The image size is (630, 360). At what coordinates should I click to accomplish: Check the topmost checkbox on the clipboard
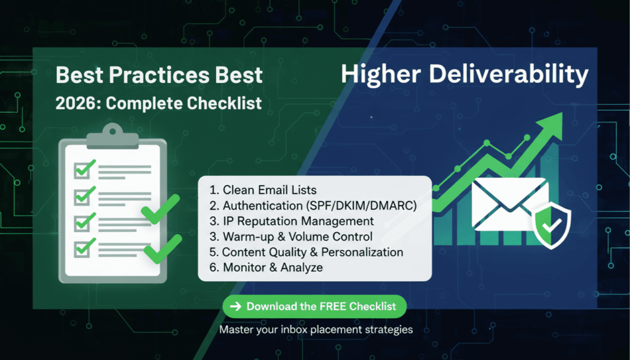click(82, 169)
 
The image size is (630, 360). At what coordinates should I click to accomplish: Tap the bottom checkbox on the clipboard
click(82, 249)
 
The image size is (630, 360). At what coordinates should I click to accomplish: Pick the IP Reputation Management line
click(292, 221)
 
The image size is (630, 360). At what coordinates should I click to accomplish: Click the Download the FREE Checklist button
click(314, 306)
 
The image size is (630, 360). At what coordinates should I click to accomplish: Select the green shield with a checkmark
click(551, 226)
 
